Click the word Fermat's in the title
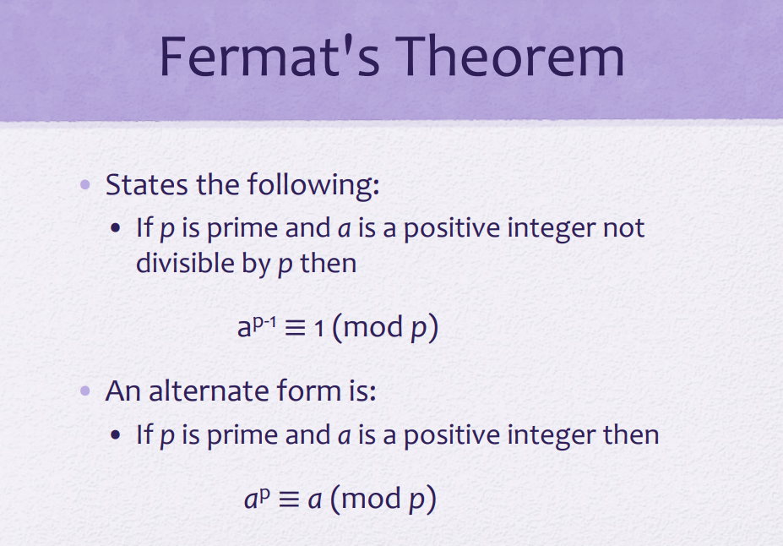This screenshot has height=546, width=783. [x=269, y=56]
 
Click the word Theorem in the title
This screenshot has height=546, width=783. [x=510, y=56]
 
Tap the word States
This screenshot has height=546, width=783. [x=147, y=184]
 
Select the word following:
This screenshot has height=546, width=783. [x=313, y=185]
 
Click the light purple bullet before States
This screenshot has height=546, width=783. [x=85, y=185]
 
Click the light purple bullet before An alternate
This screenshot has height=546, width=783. [x=85, y=390]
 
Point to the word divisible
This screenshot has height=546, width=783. [x=185, y=263]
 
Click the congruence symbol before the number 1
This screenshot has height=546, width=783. [x=295, y=328]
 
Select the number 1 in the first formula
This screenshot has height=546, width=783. [x=318, y=329]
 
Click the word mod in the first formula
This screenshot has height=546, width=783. [x=373, y=328]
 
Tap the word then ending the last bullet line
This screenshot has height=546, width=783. [x=631, y=434]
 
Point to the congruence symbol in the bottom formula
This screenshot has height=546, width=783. [x=289, y=499]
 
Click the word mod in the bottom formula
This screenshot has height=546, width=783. [x=372, y=499]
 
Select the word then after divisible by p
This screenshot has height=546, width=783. [x=328, y=263]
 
